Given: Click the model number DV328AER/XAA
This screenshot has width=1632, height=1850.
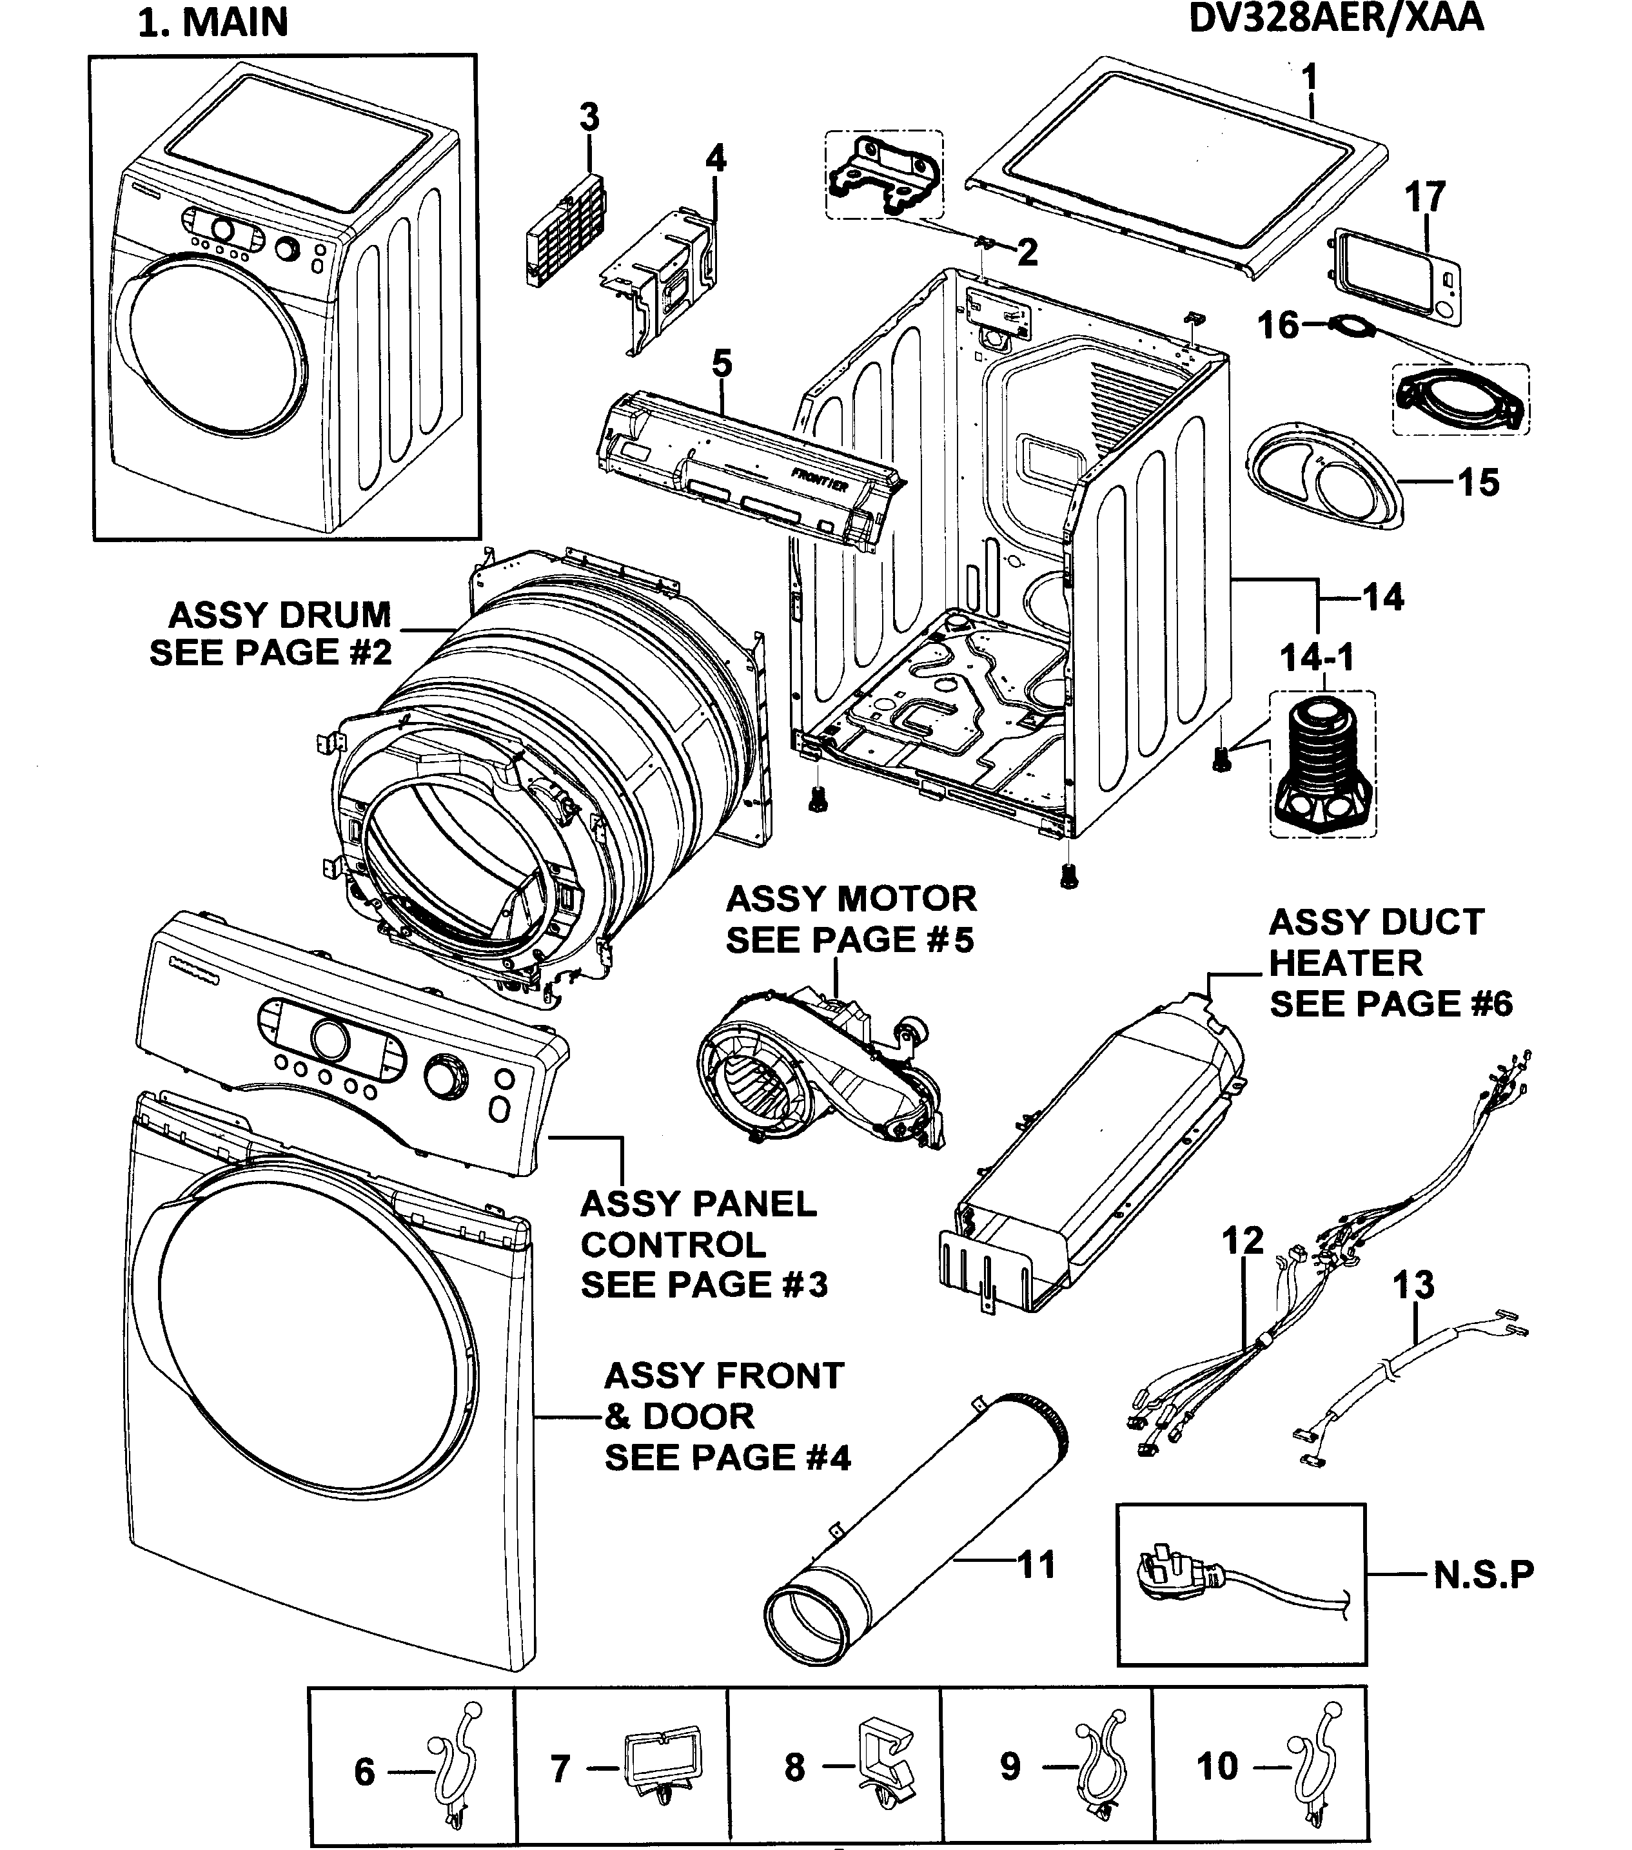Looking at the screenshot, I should (x=1335, y=18).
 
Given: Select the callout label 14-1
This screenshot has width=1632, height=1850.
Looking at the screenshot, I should (x=1316, y=658).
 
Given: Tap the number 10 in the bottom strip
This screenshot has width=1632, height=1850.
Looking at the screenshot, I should (x=1217, y=1766).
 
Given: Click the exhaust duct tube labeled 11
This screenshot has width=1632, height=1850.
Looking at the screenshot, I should (x=914, y=1530).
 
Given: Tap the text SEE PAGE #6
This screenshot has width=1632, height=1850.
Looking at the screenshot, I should (x=1390, y=1004).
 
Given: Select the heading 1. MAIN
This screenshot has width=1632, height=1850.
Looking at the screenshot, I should (x=213, y=23).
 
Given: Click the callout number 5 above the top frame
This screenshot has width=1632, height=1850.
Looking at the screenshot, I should (x=722, y=364).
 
